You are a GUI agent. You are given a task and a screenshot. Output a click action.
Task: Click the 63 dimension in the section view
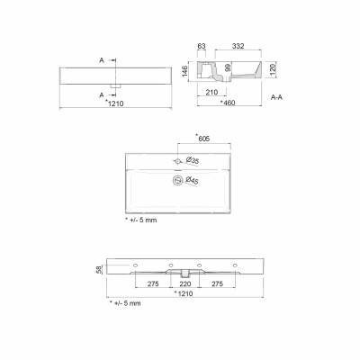pos(202,46)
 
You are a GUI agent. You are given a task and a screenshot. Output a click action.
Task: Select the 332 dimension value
pos(238,46)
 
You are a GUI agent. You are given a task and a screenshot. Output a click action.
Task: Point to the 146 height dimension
pos(184,72)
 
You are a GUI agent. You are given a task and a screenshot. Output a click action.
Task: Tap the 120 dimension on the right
pos(272,70)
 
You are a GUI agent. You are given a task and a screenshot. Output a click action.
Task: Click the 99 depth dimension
pos(228,68)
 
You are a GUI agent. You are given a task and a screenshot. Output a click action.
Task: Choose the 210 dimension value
pos(211,92)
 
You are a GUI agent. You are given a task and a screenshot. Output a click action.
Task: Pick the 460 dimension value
pos(229,103)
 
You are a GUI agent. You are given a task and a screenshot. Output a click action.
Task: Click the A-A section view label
pos(276,97)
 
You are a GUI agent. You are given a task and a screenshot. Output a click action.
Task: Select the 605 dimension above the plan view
pos(203,139)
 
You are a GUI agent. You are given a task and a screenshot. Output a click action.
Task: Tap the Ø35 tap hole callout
pos(193,160)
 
